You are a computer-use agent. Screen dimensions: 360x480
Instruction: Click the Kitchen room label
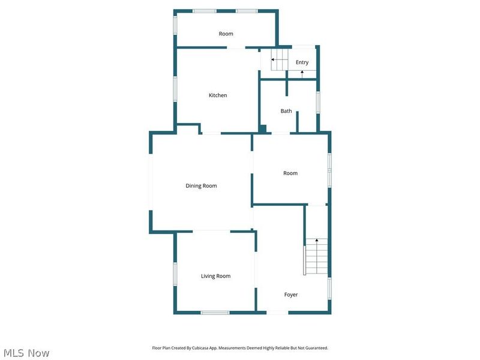(218, 95)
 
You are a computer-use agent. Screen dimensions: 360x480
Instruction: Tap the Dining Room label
(201, 186)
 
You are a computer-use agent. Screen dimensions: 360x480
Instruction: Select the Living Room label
(215, 276)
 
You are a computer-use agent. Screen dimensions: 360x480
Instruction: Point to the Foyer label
(290, 295)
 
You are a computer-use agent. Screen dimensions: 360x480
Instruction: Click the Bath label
(286, 111)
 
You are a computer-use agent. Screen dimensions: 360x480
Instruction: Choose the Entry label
(302, 62)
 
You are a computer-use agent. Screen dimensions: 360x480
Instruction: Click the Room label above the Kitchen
(226, 34)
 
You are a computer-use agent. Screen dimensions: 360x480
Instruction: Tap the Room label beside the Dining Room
(290, 173)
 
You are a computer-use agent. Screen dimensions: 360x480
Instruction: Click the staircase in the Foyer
(316, 256)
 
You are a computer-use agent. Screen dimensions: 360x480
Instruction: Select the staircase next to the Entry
(278, 60)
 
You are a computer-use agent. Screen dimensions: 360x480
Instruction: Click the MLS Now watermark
(26, 353)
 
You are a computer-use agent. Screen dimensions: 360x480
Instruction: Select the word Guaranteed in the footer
(316, 348)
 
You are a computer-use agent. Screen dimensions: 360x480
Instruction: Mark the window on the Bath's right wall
(318, 101)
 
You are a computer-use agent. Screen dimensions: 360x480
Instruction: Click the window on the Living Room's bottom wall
(215, 312)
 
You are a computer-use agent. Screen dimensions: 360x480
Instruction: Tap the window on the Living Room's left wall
(175, 274)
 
